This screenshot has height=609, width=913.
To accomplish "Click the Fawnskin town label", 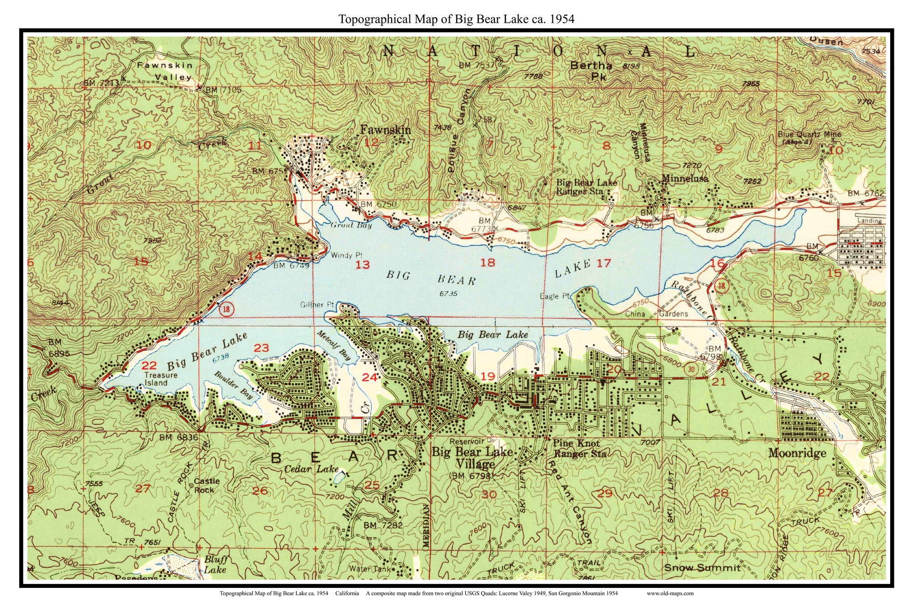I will tap(385, 130).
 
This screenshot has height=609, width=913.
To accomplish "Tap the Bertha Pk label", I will tap(591, 71).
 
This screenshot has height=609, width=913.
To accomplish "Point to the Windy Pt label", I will tap(346, 255).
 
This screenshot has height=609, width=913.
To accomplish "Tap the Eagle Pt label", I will tap(555, 296).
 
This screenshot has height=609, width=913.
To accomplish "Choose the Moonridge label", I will tap(797, 453).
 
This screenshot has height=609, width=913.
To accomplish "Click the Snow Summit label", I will tap(702, 568).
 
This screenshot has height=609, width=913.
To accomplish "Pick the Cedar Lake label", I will tap(311, 469).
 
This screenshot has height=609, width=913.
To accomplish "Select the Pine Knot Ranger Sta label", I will tap(579, 449).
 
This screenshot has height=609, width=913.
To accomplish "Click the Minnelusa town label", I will tap(685, 179).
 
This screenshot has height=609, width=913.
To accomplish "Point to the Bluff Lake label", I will tap(215, 565).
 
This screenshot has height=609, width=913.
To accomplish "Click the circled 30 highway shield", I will tap(692, 370).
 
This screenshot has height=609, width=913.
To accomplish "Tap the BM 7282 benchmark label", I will tap(383, 525).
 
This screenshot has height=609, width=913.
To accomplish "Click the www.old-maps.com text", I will tap(670, 593).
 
